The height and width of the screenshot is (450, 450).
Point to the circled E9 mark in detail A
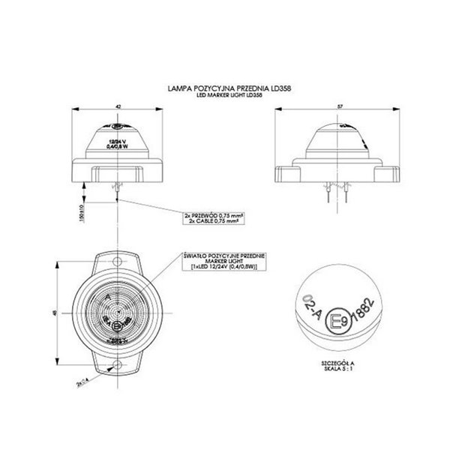(339, 323)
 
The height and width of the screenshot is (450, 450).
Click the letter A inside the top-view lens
(109, 297)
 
